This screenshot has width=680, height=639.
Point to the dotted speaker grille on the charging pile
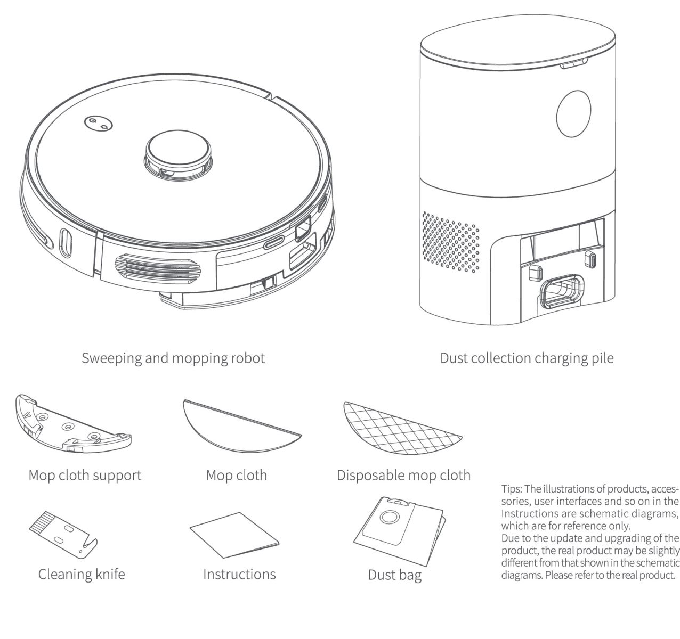point(451,239)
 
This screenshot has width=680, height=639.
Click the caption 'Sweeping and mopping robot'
point(173,358)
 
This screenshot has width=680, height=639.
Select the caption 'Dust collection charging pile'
point(526,358)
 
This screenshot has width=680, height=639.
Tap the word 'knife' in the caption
point(106,575)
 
